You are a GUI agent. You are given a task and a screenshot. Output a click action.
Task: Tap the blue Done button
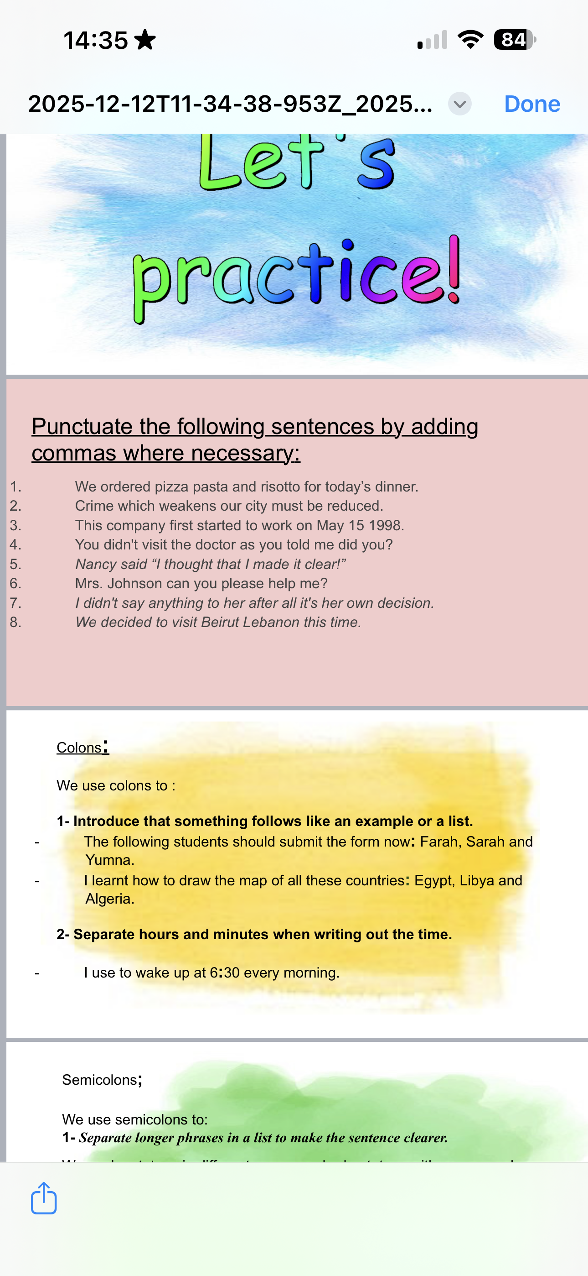(531, 104)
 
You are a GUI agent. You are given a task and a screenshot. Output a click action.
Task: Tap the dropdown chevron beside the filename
(459, 104)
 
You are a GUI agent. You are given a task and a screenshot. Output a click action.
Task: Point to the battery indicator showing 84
(514, 40)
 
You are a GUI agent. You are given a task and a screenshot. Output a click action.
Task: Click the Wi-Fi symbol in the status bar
(470, 40)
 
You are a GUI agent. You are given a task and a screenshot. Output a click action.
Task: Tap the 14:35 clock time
(96, 40)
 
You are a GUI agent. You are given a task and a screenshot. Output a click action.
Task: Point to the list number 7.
(15, 603)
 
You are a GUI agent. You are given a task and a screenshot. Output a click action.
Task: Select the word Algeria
(109, 899)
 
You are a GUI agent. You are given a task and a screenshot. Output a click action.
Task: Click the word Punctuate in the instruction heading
(83, 427)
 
